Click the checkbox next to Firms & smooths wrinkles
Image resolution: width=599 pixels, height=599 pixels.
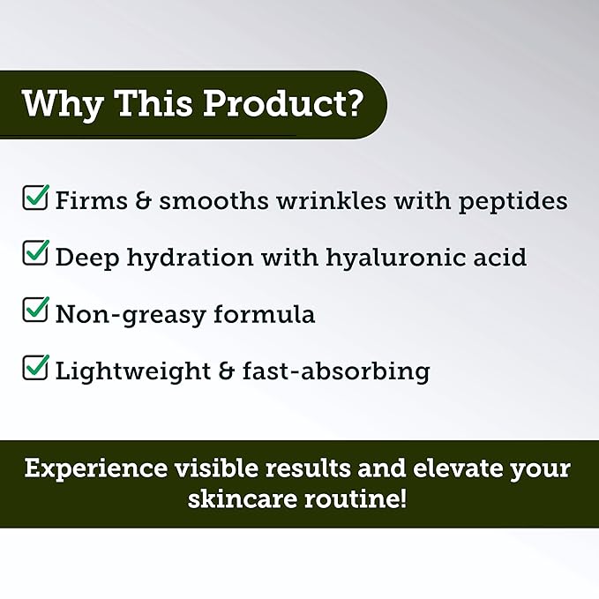coord(35,198)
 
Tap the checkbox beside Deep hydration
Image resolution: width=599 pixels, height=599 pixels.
coord(35,254)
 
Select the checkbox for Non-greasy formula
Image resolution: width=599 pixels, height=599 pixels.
coord(35,311)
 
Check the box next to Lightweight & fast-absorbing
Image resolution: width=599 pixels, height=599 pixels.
coord(35,367)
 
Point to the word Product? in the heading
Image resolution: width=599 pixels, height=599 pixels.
coord(283,103)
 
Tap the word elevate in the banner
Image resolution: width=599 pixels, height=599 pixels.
coord(449,468)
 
